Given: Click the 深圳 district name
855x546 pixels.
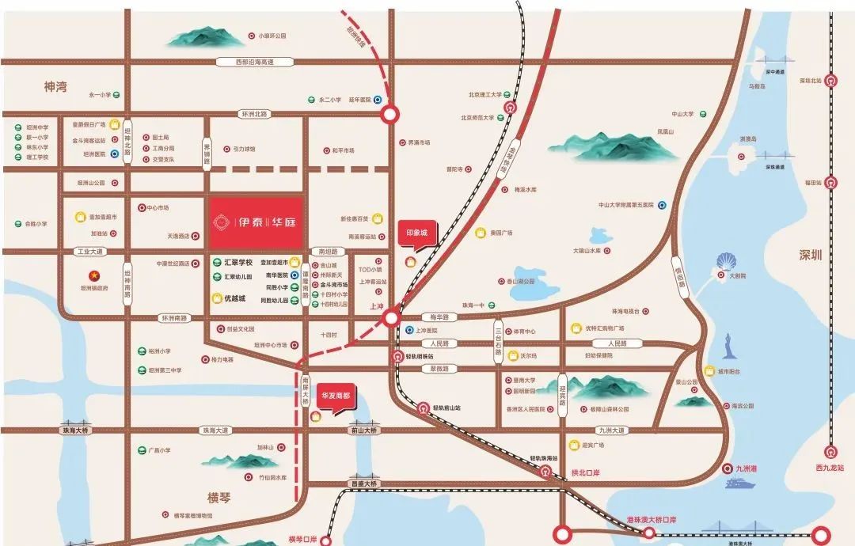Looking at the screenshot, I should click(811, 256).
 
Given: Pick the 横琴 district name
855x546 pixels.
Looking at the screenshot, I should click(218, 498).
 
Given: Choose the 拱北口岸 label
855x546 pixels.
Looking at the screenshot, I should click(585, 472).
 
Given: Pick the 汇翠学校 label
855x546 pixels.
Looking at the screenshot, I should click(237, 262).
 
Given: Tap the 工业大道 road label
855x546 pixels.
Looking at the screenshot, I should click(89, 252).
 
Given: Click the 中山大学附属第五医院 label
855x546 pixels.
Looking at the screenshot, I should click(626, 205).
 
